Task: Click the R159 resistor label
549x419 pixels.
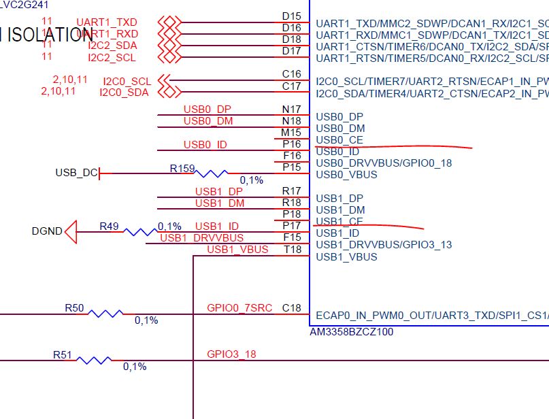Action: pyautogui.click(x=182, y=167)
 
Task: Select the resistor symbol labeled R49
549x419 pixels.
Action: pyautogui.click(x=141, y=231)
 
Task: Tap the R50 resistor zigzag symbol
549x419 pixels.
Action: pyautogui.click(x=106, y=314)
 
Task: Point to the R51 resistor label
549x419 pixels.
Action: pyautogui.click(x=63, y=354)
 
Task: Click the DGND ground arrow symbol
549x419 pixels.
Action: pyautogui.click(x=71, y=231)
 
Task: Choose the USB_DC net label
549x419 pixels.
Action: pyautogui.click(x=76, y=173)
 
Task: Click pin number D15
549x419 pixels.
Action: pyautogui.click(x=291, y=16)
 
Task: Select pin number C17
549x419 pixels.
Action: pyautogui.click(x=291, y=86)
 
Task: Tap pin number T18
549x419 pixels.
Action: pyautogui.click(x=292, y=250)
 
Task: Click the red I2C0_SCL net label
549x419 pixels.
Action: pyautogui.click(x=127, y=81)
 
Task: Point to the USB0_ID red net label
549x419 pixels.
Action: pyautogui.click(x=205, y=144)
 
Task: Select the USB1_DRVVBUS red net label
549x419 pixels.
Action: pyautogui.click(x=201, y=237)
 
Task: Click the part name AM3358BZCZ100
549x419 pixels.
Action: pyautogui.click(x=351, y=332)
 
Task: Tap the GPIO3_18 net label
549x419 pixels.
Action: pyautogui.click(x=231, y=354)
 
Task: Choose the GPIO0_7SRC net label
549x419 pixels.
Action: pyautogui.click(x=239, y=308)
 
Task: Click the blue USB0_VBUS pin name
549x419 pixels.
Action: pyautogui.click(x=346, y=175)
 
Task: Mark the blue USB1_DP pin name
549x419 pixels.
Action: pyautogui.click(x=339, y=199)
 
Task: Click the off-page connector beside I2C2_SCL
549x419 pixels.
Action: pyautogui.click(x=168, y=57)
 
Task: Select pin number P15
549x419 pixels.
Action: pyautogui.click(x=291, y=167)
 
